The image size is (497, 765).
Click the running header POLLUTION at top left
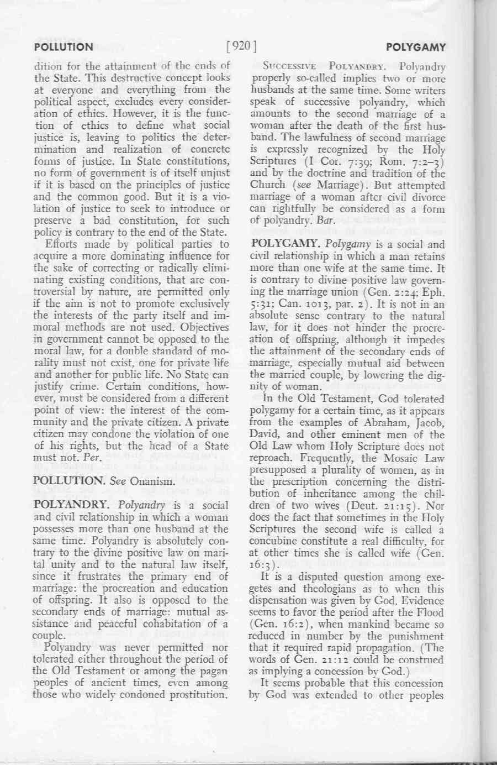pos(64,47)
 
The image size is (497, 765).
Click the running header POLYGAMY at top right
pos(415,47)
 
